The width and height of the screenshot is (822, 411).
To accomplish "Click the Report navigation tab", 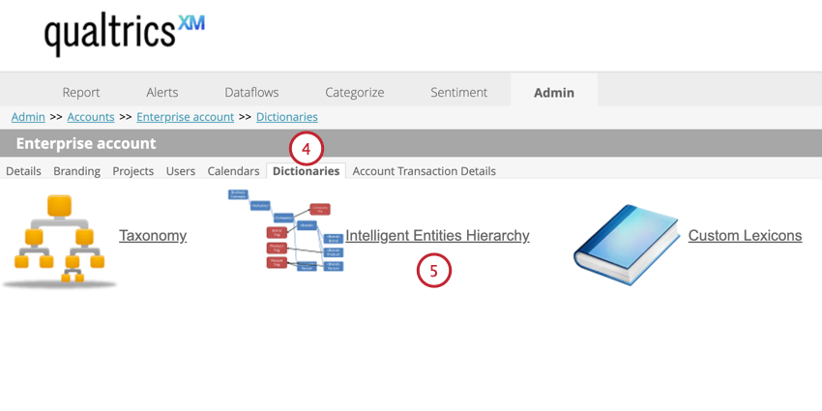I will (x=81, y=93).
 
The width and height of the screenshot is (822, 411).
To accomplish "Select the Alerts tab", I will (x=162, y=93).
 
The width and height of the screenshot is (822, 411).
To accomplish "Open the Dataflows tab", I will (x=251, y=93).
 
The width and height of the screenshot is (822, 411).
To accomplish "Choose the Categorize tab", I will (x=355, y=93).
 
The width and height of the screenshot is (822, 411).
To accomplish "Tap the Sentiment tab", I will (x=459, y=93).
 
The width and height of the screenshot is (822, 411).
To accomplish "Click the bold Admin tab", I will (x=554, y=93).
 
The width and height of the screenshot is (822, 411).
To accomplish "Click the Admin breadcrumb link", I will (x=28, y=117).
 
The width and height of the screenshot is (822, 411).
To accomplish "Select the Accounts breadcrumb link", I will (x=91, y=117).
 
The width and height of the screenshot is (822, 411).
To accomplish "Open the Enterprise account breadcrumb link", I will (x=185, y=117).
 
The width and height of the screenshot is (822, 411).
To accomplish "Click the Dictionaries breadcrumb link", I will (x=287, y=117).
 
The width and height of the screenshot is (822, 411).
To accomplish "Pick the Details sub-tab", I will (x=23, y=171).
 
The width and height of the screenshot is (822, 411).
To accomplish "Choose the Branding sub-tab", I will (x=76, y=171).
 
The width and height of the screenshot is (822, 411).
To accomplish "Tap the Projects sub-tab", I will (x=133, y=171).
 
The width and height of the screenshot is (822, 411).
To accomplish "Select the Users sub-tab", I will (x=181, y=171).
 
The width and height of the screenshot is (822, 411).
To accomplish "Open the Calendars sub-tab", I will (x=233, y=171).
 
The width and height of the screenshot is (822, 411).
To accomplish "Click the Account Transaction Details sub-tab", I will (x=425, y=171).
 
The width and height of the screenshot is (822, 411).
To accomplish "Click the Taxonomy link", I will (x=153, y=235).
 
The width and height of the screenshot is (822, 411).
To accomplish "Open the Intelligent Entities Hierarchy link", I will (x=437, y=235).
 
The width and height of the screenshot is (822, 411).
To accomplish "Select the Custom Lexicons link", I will (x=745, y=235).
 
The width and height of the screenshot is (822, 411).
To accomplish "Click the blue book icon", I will (x=624, y=244).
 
